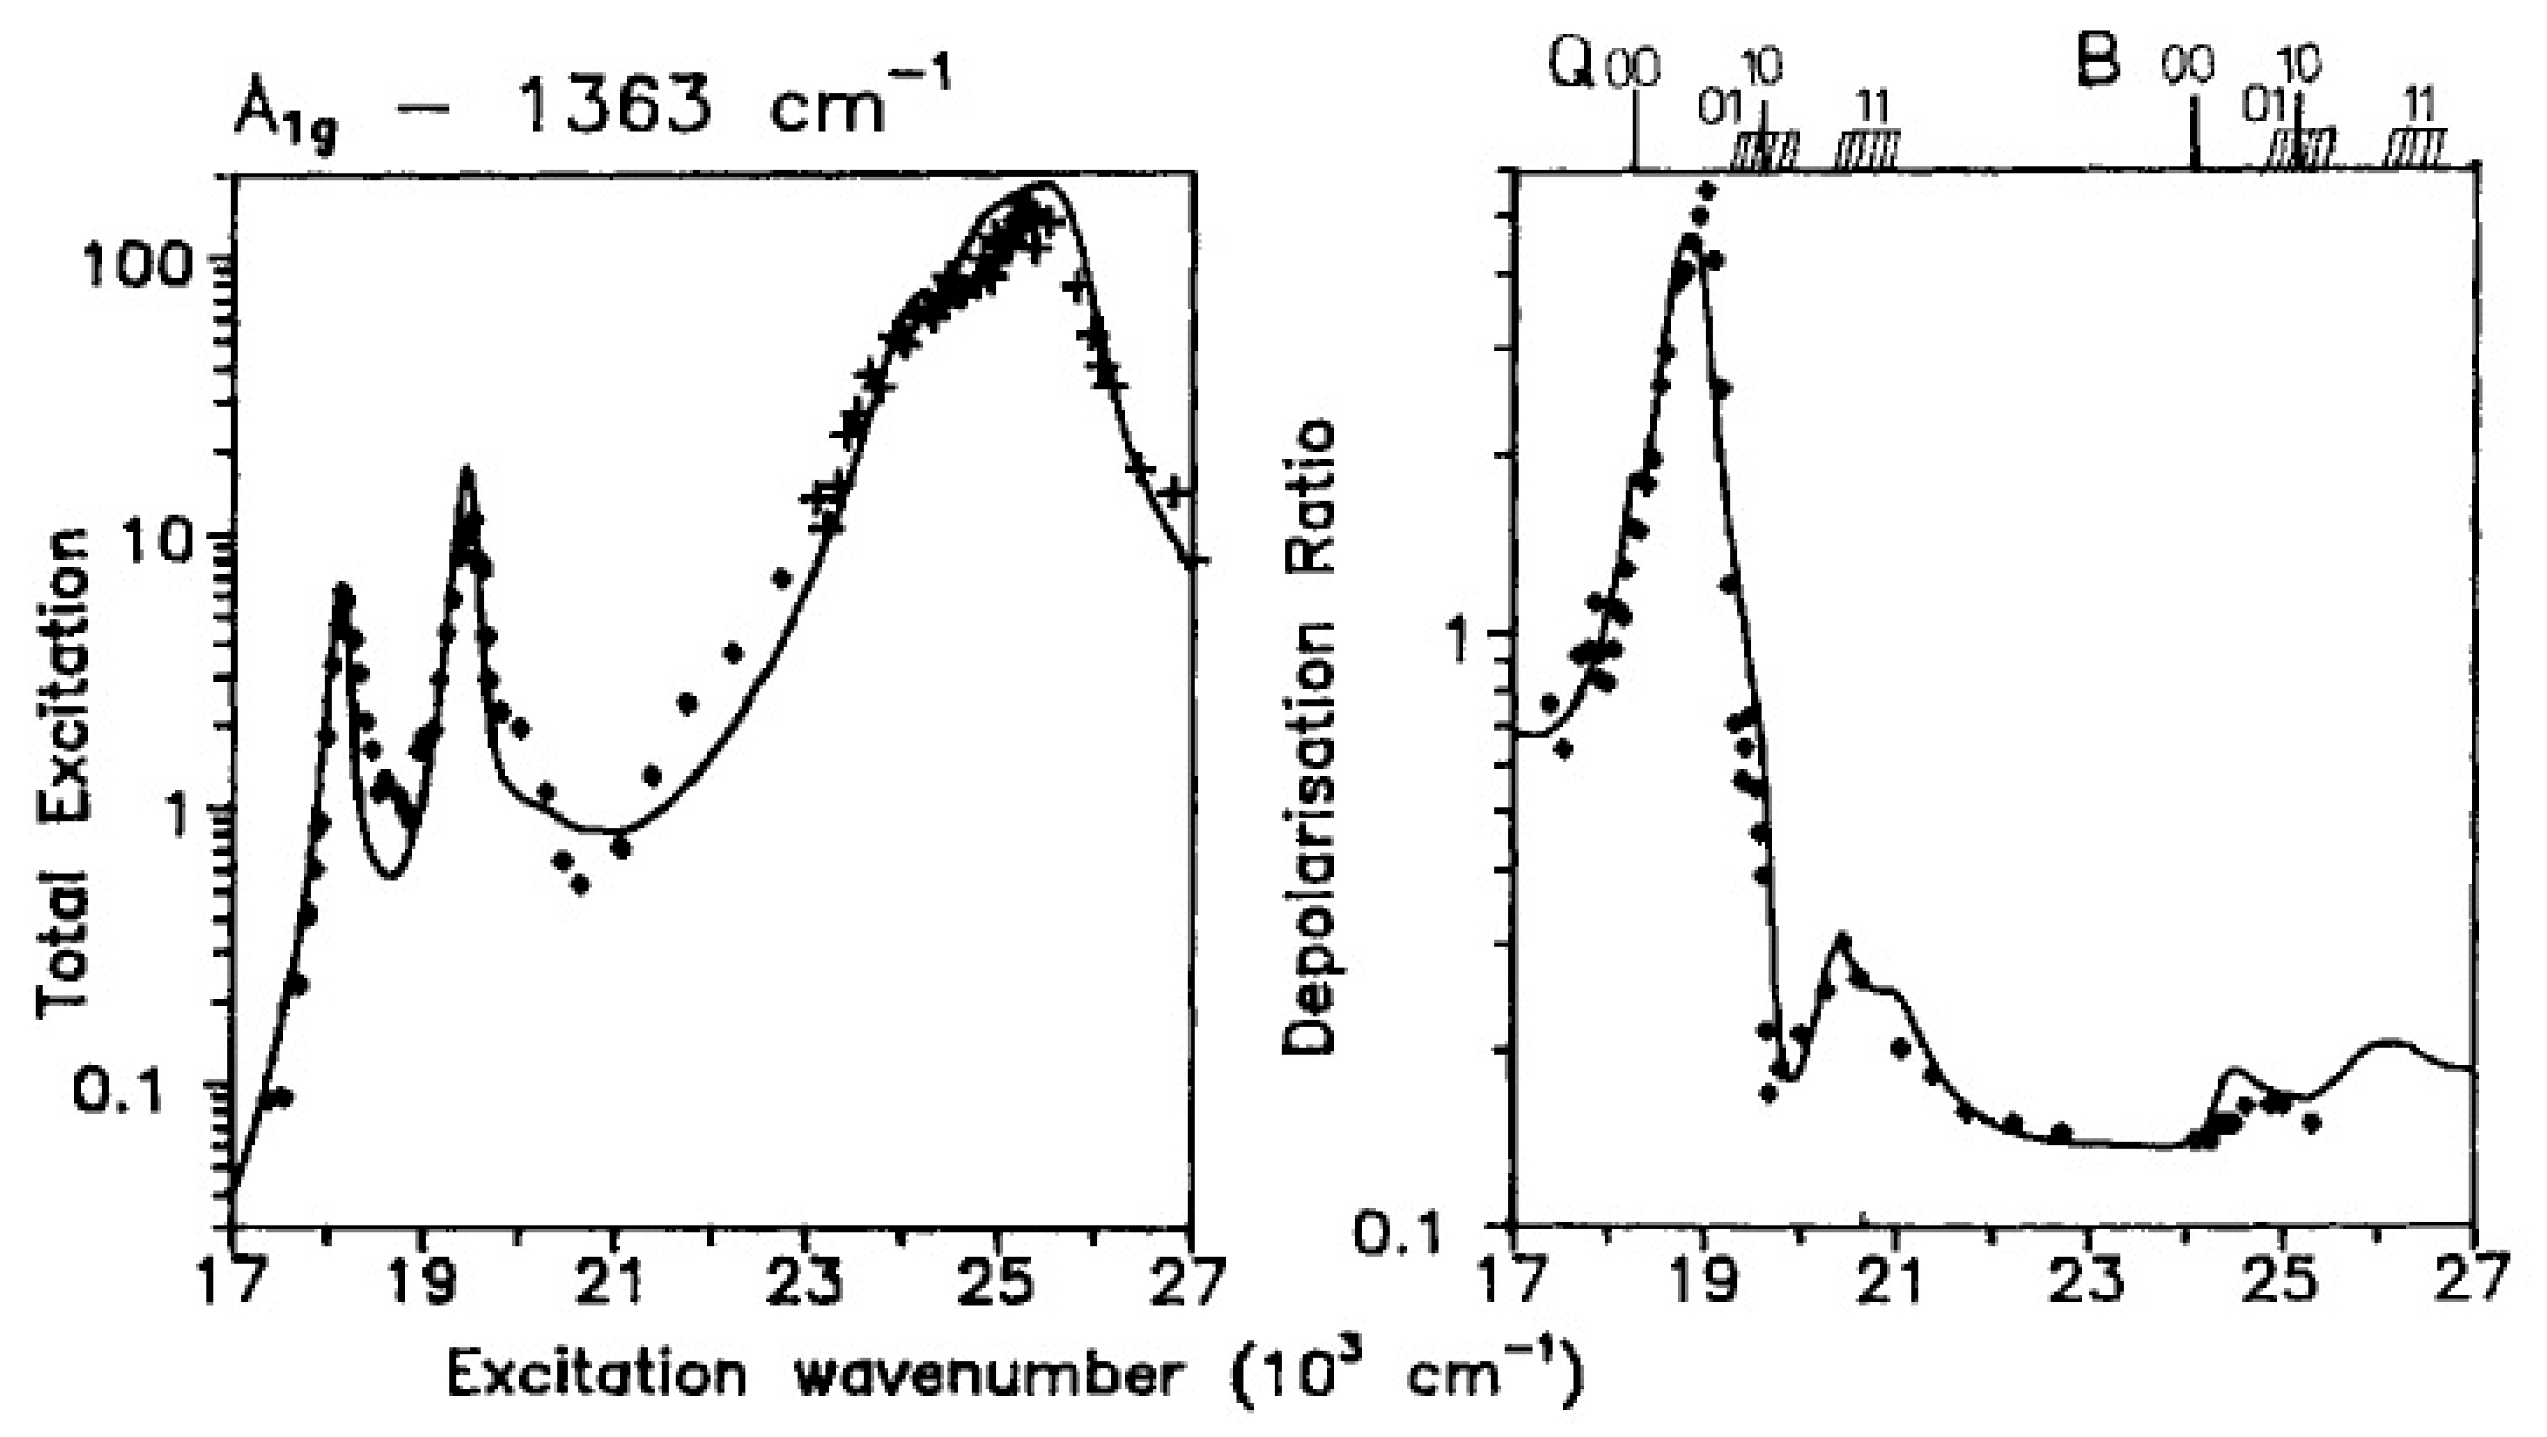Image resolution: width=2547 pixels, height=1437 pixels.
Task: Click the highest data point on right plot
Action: (1708, 190)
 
